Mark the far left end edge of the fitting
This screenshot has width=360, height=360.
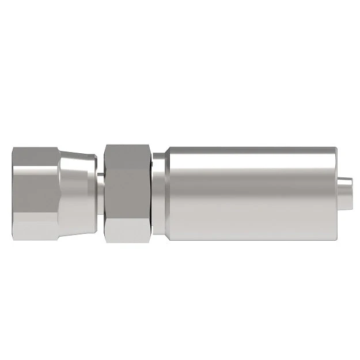pos(13,192)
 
